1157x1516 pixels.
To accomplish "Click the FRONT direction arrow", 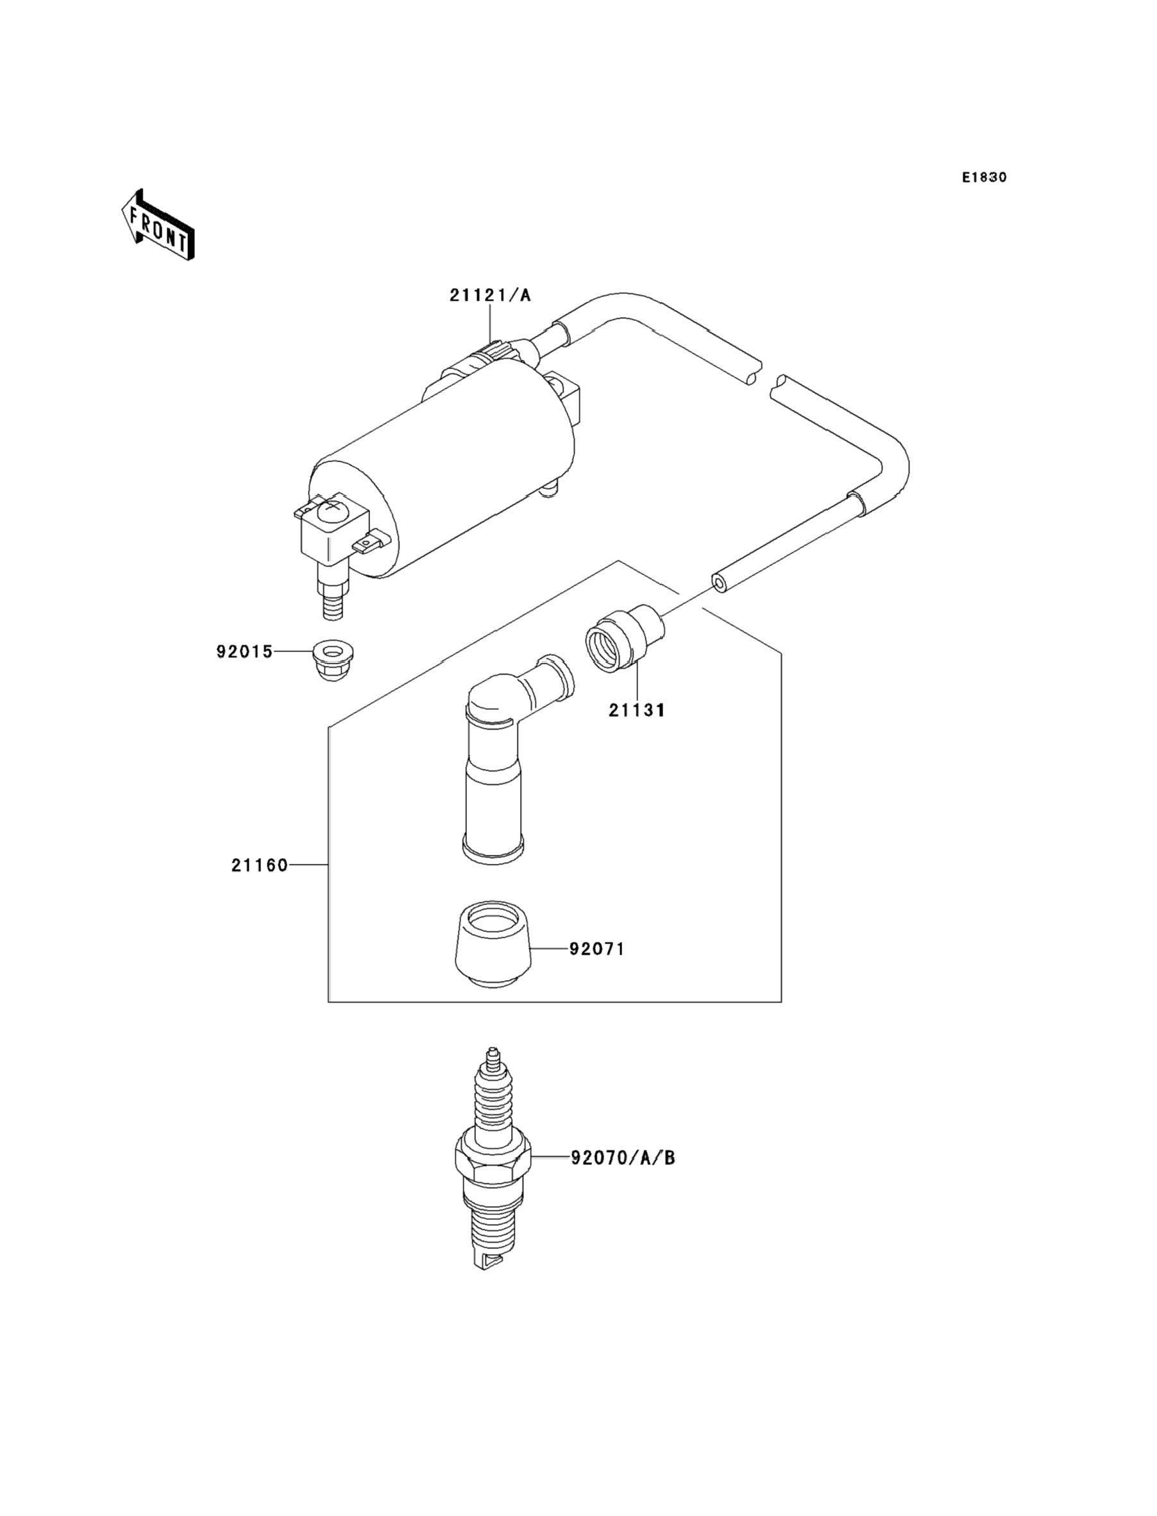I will (158, 225).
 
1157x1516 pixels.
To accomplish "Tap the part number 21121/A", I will (491, 296).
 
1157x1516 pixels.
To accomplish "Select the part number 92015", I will (244, 651).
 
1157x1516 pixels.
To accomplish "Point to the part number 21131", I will (636, 710).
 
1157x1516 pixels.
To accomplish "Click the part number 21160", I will (259, 865).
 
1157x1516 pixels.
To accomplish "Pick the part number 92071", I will (596, 949).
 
